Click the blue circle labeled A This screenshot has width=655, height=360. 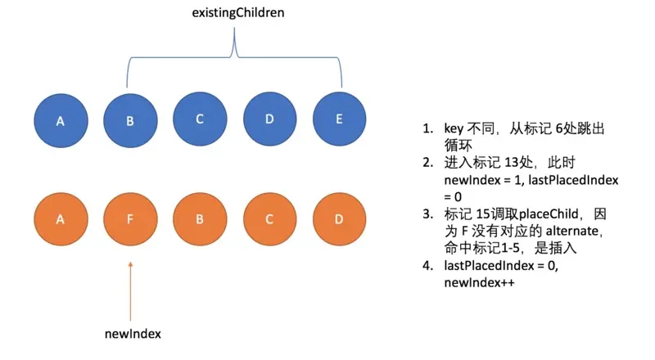tap(60, 120)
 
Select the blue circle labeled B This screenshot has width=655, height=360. tap(129, 120)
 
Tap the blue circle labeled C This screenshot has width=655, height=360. tap(200, 120)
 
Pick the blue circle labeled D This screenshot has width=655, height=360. tap(270, 120)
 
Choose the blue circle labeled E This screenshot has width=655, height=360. tap(340, 120)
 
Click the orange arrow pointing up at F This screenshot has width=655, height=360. tap(129, 286)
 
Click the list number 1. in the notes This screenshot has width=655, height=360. tap(427, 129)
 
